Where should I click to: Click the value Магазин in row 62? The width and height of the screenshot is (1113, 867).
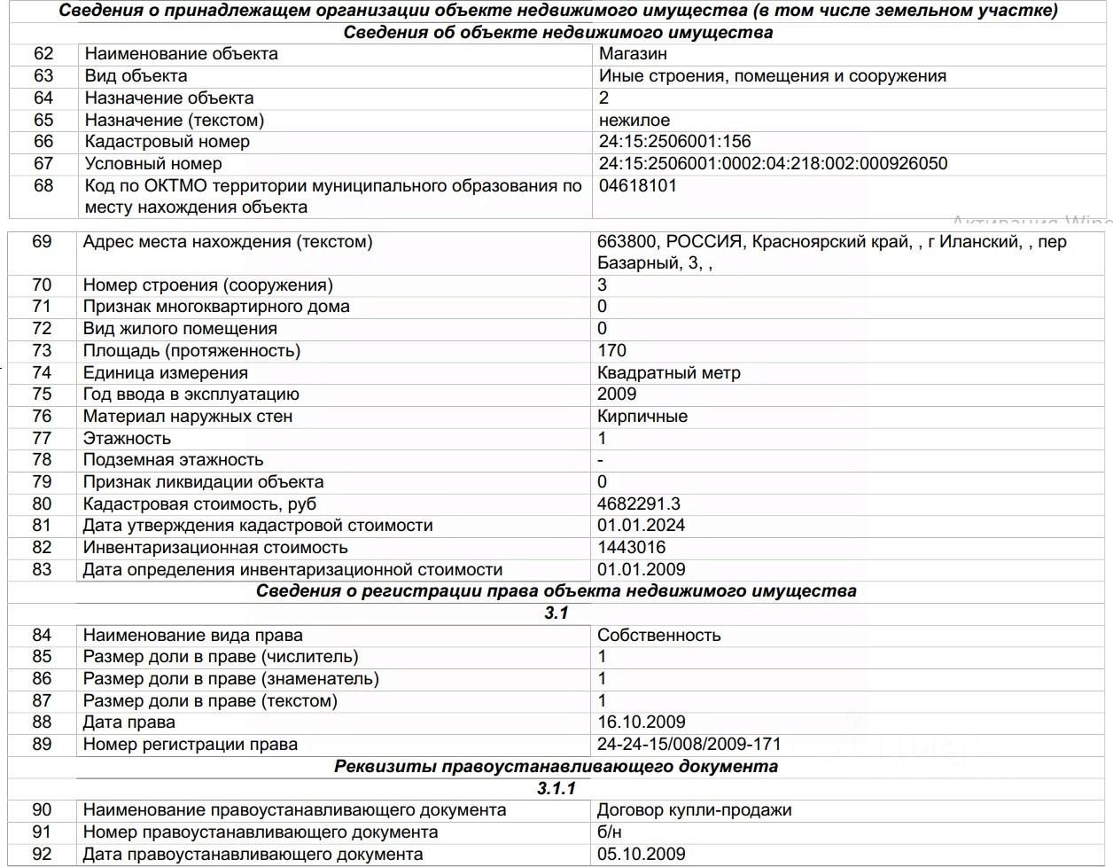[633, 54]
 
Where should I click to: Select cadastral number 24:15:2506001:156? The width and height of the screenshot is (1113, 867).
[674, 142]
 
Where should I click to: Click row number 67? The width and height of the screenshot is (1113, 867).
[43, 164]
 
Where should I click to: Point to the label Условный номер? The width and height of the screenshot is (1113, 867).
[153, 164]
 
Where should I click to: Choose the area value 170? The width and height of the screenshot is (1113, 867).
[611, 351]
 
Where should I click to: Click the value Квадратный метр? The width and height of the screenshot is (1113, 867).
[668, 373]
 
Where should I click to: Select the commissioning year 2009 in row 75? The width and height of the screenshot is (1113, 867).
[617, 394]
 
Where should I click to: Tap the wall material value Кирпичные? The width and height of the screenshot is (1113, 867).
[642, 417]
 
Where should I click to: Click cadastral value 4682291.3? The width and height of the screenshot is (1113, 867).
[639, 504]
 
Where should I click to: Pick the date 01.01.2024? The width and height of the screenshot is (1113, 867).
[641, 526]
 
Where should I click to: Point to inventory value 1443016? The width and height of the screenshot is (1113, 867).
[631, 548]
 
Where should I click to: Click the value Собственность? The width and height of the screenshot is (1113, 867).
[658, 636]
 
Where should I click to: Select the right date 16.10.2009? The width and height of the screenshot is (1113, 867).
[641, 722]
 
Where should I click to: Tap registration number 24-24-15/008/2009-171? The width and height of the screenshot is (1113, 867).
[689, 745]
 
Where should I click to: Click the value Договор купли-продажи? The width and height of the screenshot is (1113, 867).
[694, 810]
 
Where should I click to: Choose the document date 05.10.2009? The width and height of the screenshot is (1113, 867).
[641, 855]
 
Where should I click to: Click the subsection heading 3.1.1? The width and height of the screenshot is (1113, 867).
[556, 788]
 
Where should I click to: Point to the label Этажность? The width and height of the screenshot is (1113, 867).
[127, 439]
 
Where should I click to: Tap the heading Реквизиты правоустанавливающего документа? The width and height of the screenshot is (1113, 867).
[556, 767]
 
